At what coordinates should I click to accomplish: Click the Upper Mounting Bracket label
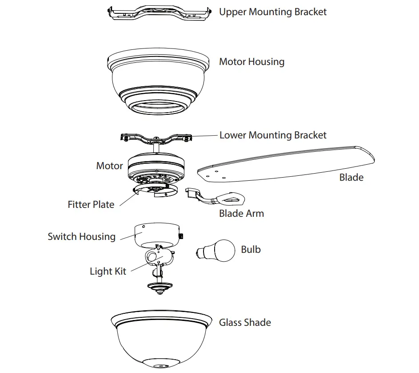(x=272, y=12)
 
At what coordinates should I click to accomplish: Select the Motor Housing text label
(x=251, y=62)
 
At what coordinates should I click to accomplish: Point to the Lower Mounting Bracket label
(x=273, y=135)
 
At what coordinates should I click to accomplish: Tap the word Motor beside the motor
(x=109, y=166)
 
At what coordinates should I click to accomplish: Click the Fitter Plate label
(x=91, y=205)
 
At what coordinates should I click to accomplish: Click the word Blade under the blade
(x=351, y=178)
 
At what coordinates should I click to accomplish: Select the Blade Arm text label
(x=241, y=214)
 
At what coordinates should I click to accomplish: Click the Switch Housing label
(x=81, y=237)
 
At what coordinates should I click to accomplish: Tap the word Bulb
(x=251, y=249)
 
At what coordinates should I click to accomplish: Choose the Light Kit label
(x=108, y=272)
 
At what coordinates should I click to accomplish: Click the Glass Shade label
(x=245, y=323)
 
